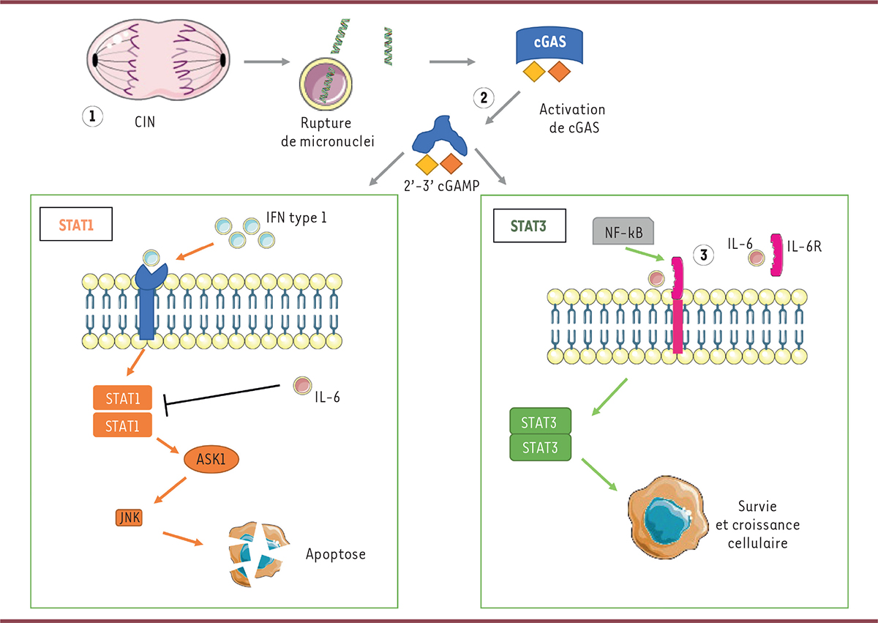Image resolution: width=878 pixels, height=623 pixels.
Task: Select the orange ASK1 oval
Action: (x=212, y=460)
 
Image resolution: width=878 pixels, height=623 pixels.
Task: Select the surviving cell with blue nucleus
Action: (x=667, y=520)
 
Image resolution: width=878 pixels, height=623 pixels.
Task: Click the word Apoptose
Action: (x=335, y=554)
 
